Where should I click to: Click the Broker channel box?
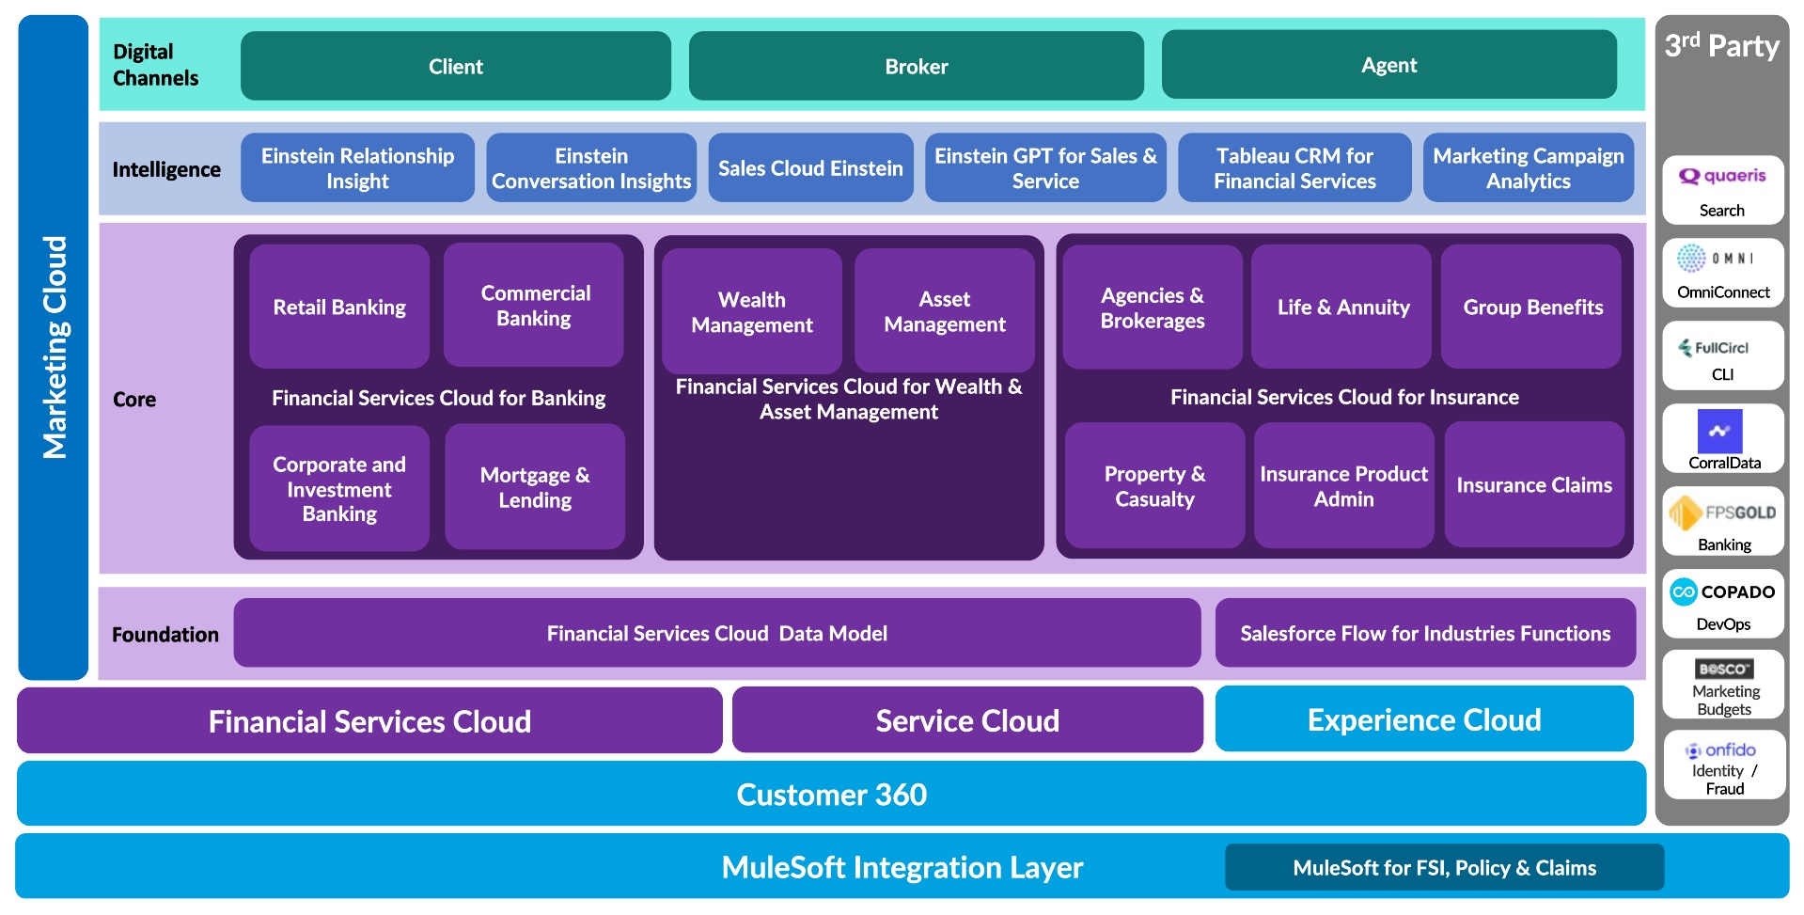pyautogui.click(x=916, y=66)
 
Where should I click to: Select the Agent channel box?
pyautogui.click(x=1388, y=65)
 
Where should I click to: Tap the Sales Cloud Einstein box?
pyautogui.click(x=810, y=168)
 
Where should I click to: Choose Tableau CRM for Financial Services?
pyautogui.click(x=1294, y=168)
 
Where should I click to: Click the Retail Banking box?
pyautogui.click(x=339, y=307)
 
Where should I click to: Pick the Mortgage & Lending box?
pyautogui.click(x=535, y=487)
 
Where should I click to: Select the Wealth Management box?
pyautogui.click(x=751, y=311)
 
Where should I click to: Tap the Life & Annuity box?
pyautogui.click(x=1342, y=307)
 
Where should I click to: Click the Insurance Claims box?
pyautogui.click(x=1534, y=485)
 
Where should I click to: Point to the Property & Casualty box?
pyautogui.click(x=1154, y=486)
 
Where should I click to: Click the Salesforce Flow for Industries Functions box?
pyautogui.click(x=1425, y=634)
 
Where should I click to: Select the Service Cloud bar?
pyautogui.click(x=967, y=720)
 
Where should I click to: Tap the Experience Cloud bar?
pyautogui.click(x=1424, y=719)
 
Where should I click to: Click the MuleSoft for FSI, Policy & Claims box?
pyautogui.click(x=1444, y=867)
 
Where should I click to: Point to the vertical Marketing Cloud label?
pyautogui.click(x=55, y=347)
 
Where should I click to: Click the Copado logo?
pyautogui.click(x=1722, y=592)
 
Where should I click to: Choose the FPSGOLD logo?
pyautogui.click(x=1722, y=513)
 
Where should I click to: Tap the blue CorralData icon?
pyautogui.click(x=1719, y=432)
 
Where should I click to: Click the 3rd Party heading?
pyautogui.click(x=1721, y=46)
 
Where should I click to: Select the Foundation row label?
pyautogui.click(x=165, y=635)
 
